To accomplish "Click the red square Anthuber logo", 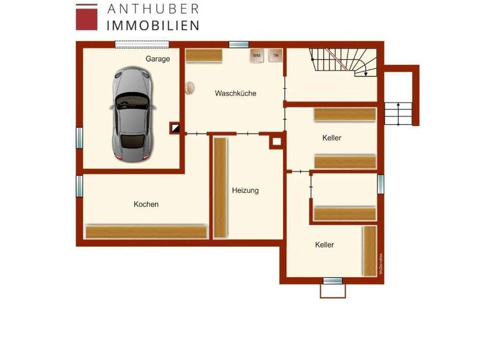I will pyautogui.click(x=87, y=17).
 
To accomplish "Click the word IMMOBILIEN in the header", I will pyautogui.click(x=152, y=25).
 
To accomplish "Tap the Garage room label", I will pyautogui.click(x=158, y=59).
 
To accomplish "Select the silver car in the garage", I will pyautogui.click(x=131, y=114).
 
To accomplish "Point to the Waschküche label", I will pyautogui.click(x=235, y=93).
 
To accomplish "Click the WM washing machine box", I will pyautogui.click(x=257, y=56).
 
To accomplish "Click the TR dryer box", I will pyautogui.click(x=275, y=56).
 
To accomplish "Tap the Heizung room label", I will pyautogui.click(x=245, y=190).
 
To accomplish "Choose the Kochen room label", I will pyautogui.click(x=146, y=204).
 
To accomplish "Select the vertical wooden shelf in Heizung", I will pyautogui.click(x=220, y=187).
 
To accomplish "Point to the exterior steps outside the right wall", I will pyautogui.click(x=398, y=114).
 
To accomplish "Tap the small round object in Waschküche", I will pyautogui.click(x=190, y=87).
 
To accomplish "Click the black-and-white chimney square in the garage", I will pyautogui.click(x=174, y=128).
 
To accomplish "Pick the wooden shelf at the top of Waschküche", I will pyautogui.click(x=204, y=56).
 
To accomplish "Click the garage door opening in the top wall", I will pyautogui.click(x=143, y=44).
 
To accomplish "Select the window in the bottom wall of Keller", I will pyautogui.click(x=333, y=281).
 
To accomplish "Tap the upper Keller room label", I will pyautogui.click(x=332, y=138).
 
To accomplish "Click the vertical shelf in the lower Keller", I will pyautogui.click(x=369, y=250).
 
